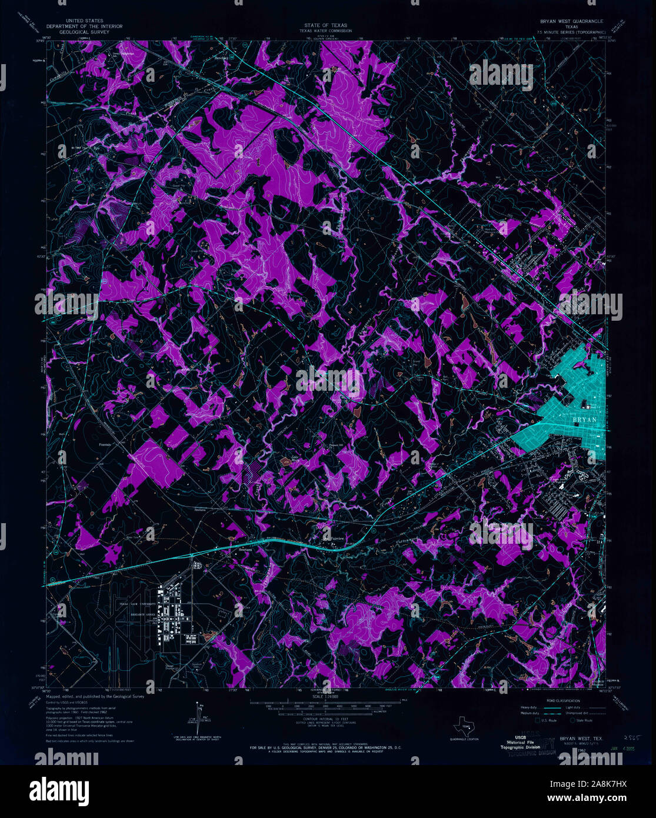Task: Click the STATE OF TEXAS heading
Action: pos(325,26)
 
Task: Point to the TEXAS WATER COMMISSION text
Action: pos(325,31)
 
